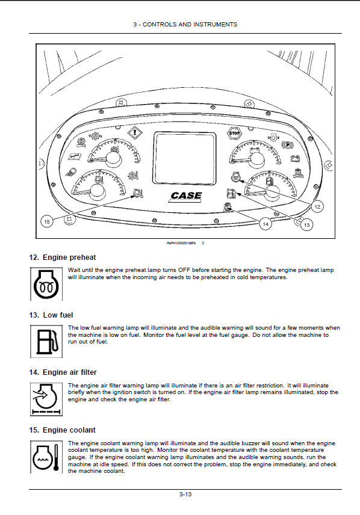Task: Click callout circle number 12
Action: [x=317, y=206]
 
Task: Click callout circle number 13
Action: [x=307, y=224]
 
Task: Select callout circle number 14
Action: [x=265, y=224]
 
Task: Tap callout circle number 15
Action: [x=47, y=221]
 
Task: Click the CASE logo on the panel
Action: [x=186, y=196]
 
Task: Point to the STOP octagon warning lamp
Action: [x=234, y=133]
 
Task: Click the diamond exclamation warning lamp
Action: [x=135, y=133]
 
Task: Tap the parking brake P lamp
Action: [x=287, y=144]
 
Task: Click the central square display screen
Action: [x=185, y=158]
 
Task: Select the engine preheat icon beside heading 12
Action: [x=46, y=284]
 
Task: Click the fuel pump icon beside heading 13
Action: [x=46, y=341]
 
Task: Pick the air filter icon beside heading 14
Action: [x=46, y=399]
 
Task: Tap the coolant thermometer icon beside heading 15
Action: [x=46, y=457]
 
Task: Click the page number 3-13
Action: [x=185, y=495]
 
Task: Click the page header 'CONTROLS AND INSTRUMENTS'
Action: [x=190, y=24]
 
